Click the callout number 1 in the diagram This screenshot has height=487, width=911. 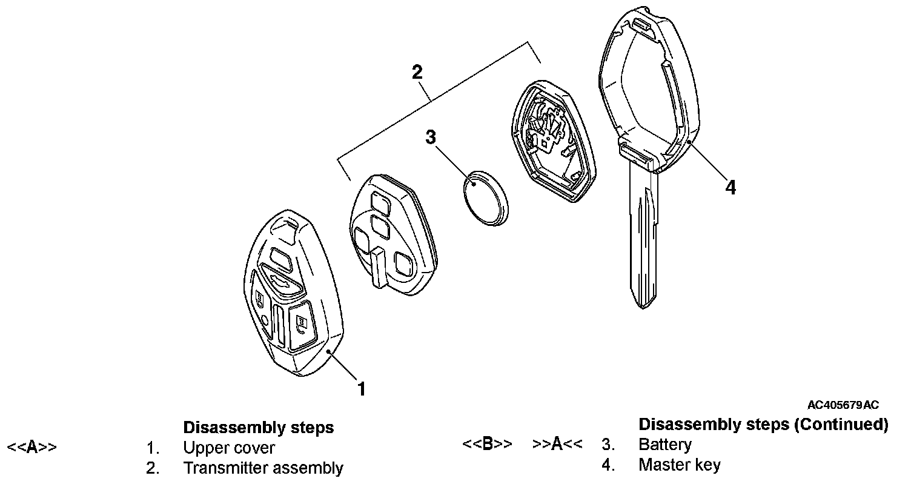point(362,388)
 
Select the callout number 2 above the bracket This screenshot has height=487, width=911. point(417,72)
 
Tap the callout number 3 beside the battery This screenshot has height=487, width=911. point(431,137)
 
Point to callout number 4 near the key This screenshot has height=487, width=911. point(730,188)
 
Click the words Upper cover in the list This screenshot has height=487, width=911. point(229,448)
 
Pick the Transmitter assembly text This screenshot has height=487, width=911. point(263,468)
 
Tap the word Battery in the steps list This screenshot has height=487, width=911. point(664,445)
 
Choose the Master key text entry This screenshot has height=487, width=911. point(679,465)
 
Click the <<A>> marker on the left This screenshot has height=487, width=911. point(31,448)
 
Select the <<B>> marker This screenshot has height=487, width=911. point(487,445)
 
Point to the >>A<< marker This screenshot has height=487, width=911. point(557,445)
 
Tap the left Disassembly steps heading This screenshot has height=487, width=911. point(258,428)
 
